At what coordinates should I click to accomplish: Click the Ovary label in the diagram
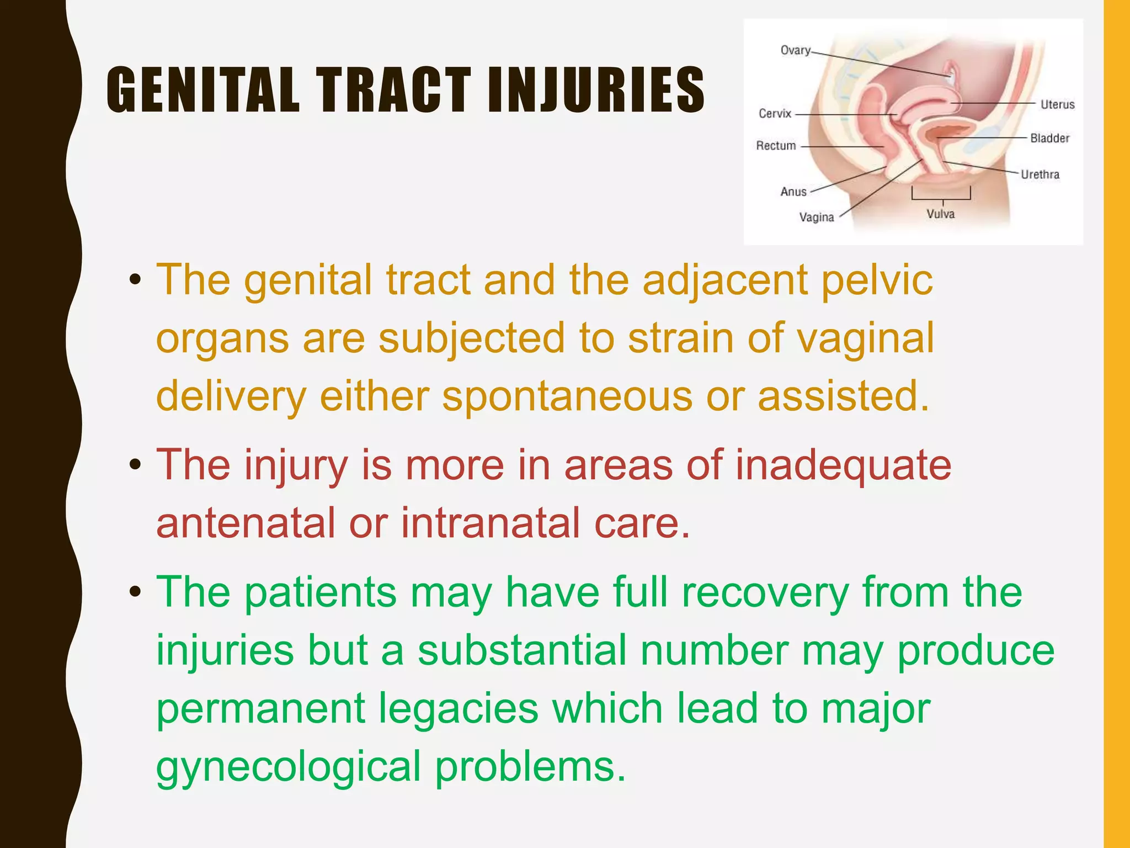(x=795, y=50)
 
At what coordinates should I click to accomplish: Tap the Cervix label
(x=775, y=114)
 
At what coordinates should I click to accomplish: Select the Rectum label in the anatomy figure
(x=776, y=146)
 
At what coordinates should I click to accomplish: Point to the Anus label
(x=793, y=192)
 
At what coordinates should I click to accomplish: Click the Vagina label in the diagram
(x=817, y=218)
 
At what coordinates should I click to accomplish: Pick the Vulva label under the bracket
(x=940, y=214)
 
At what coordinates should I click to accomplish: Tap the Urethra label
(x=1040, y=174)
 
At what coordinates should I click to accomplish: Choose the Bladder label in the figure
(x=1049, y=138)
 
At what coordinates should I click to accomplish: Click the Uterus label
(x=1057, y=104)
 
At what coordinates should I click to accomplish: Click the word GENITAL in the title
(x=203, y=91)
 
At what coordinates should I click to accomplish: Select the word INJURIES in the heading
(x=596, y=91)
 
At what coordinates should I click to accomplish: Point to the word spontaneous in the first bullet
(x=567, y=396)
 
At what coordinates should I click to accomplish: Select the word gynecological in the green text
(x=289, y=767)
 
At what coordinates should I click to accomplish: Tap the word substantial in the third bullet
(x=521, y=650)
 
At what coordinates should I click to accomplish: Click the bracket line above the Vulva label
(x=941, y=198)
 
